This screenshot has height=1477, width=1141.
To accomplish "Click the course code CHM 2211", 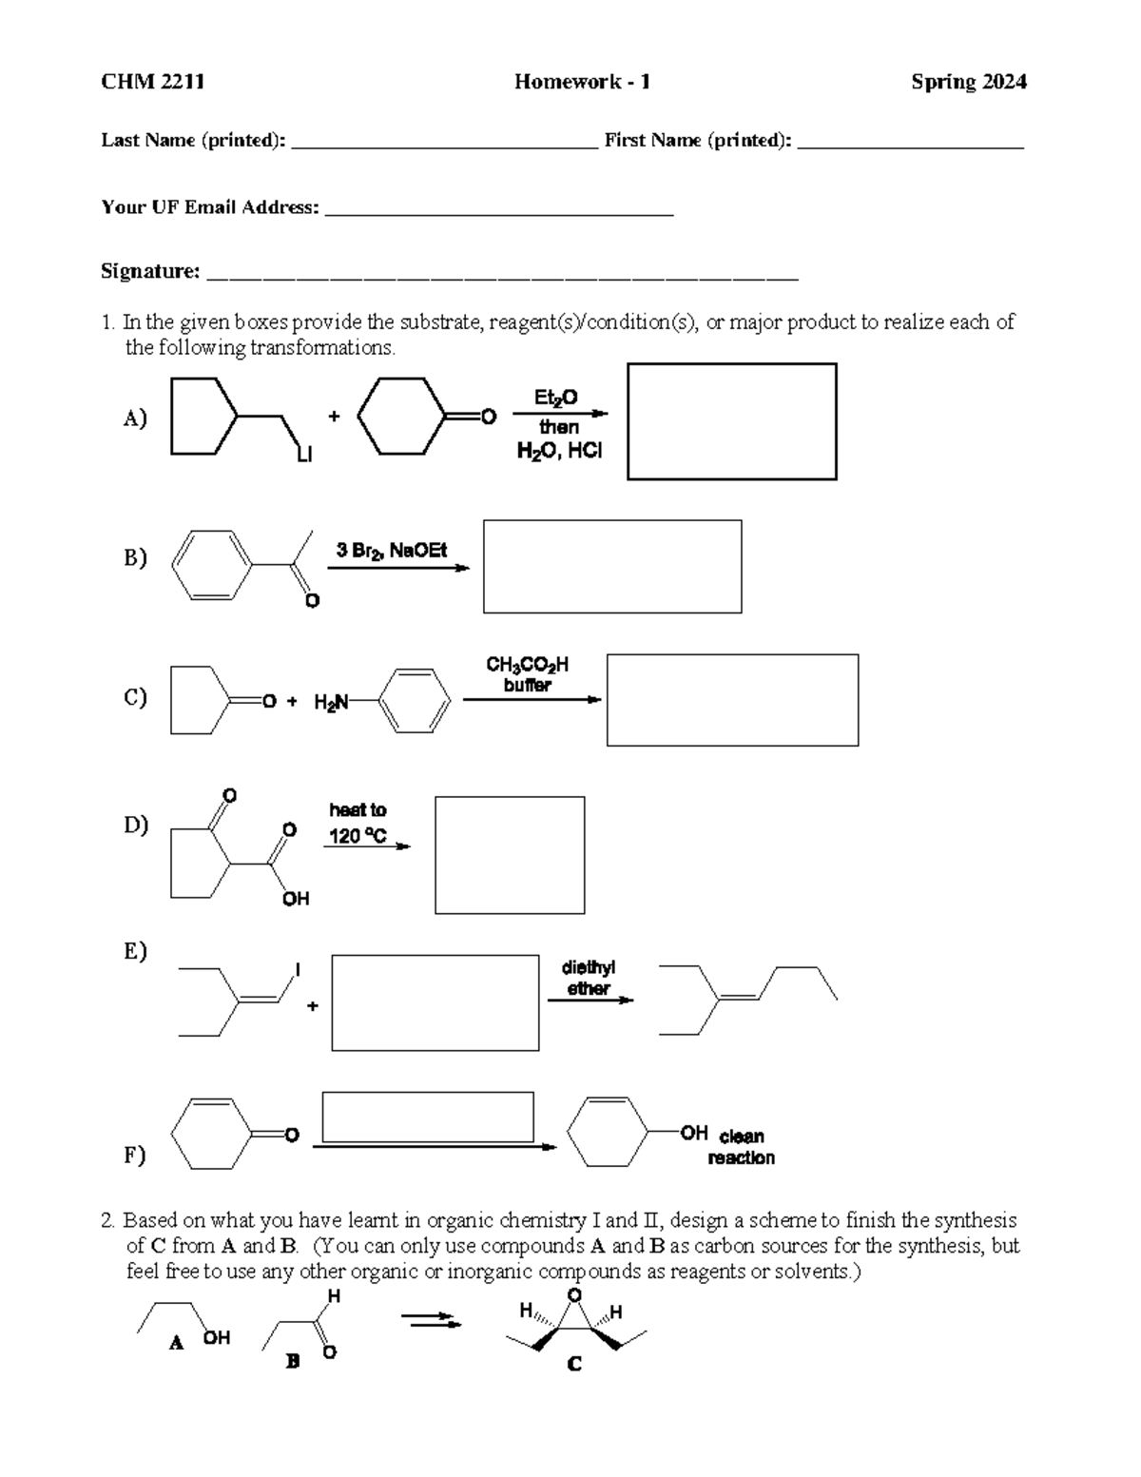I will (x=152, y=82).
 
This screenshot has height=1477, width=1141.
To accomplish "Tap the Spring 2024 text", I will (x=968, y=82).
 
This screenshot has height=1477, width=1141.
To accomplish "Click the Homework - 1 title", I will (x=582, y=82).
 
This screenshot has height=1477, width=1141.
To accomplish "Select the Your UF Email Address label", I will (x=209, y=207).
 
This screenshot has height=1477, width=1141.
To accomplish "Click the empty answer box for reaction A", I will (x=731, y=421).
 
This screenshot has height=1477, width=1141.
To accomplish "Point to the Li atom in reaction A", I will (x=303, y=456).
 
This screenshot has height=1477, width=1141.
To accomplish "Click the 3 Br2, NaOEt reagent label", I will (x=392, y=550).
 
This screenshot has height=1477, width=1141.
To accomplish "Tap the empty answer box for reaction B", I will (x=611, y=566).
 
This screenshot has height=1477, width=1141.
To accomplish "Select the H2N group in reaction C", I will (x=331, y=703).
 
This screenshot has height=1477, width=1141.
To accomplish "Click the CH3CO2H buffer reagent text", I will (x=527, y=674).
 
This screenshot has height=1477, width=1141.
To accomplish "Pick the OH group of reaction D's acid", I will (x=296, y=899).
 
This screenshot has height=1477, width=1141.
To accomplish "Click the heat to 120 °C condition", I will (x=358, y=823).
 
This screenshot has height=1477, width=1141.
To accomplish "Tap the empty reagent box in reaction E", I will (x=435, y=1002).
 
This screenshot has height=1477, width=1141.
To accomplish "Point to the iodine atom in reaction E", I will (x=298, y=969).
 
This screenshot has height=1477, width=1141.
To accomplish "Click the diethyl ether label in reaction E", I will (x=588, y=978).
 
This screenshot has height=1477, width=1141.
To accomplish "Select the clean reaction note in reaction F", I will (x=741, y=1147).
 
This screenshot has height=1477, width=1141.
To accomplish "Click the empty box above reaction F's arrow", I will (x=427, y=1117).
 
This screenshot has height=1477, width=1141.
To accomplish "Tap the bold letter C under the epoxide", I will (x=574, y=1365).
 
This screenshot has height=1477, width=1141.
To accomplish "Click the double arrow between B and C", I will (x=431, y=1320).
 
